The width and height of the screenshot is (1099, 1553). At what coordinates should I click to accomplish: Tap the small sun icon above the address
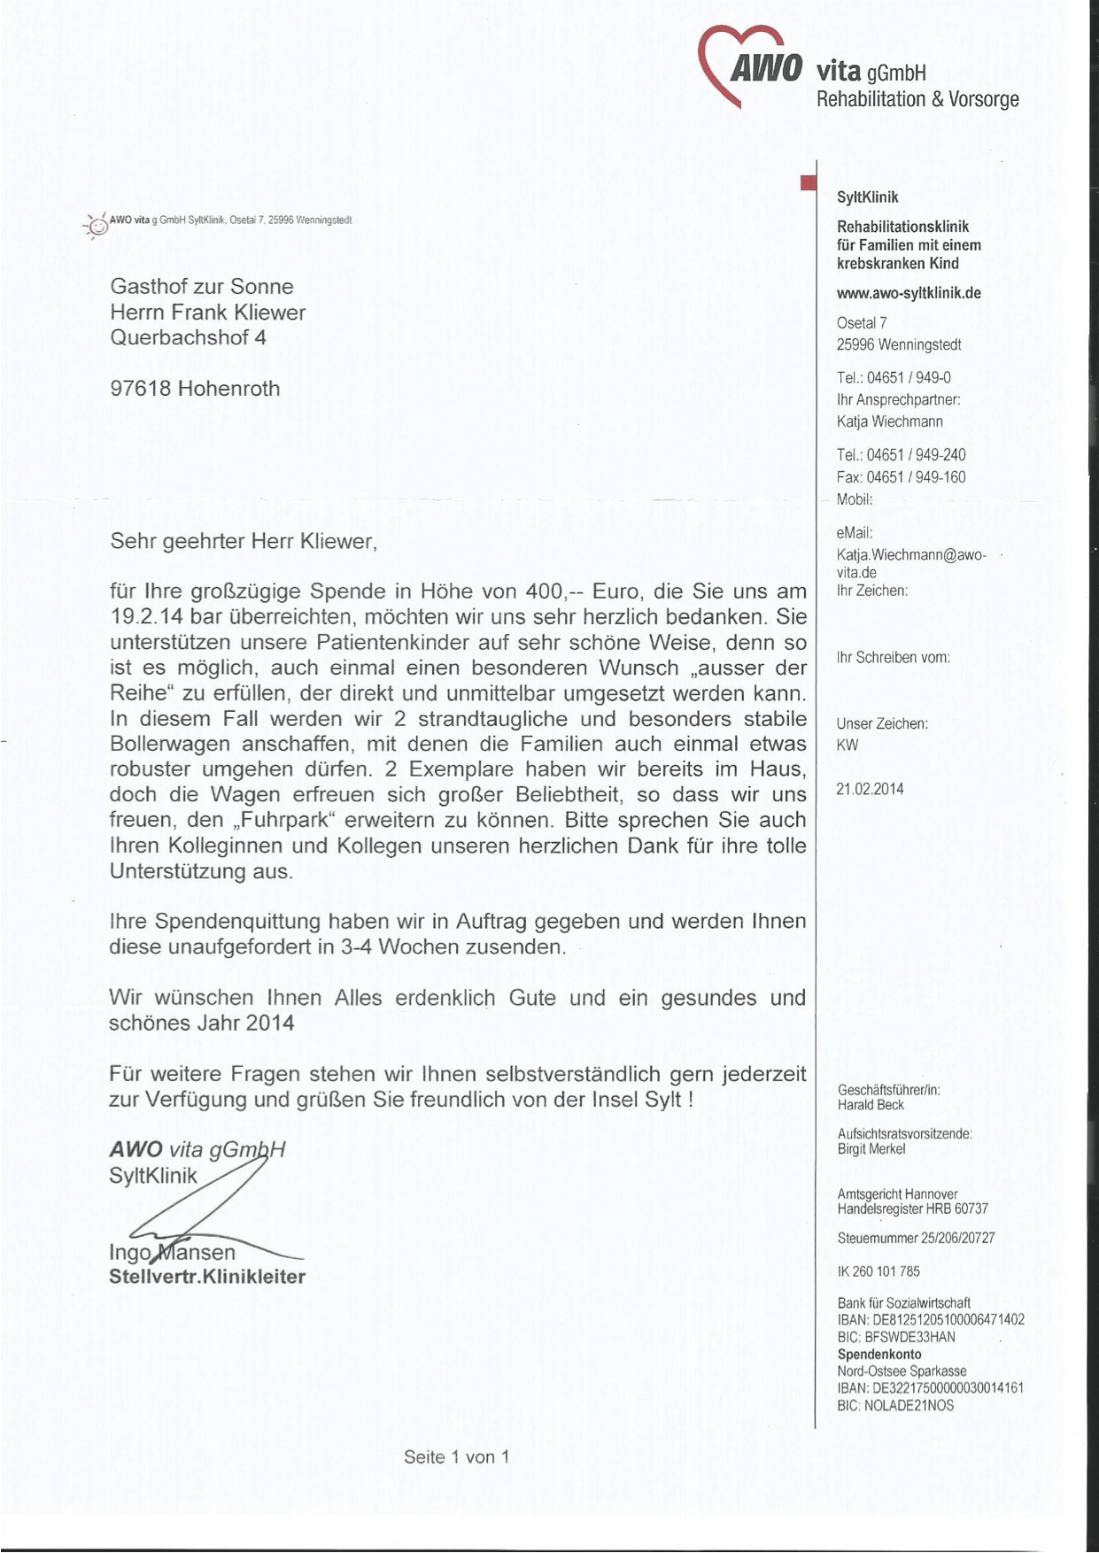97,227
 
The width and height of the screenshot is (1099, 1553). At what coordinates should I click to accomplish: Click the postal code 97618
140,388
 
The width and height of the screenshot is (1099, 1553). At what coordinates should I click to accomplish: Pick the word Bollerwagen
169,744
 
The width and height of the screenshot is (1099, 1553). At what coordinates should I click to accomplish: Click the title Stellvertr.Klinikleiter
207,1277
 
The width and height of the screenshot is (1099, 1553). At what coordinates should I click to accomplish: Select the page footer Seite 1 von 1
456,1456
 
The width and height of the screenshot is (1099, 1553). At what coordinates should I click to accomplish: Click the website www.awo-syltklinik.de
909,293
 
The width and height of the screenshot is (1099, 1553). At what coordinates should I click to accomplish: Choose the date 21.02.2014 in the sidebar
870,789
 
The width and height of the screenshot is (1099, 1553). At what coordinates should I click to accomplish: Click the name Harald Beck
871,1105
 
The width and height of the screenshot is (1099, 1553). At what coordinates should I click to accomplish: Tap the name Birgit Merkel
871,1149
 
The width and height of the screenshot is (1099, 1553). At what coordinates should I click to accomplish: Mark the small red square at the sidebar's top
807,182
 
